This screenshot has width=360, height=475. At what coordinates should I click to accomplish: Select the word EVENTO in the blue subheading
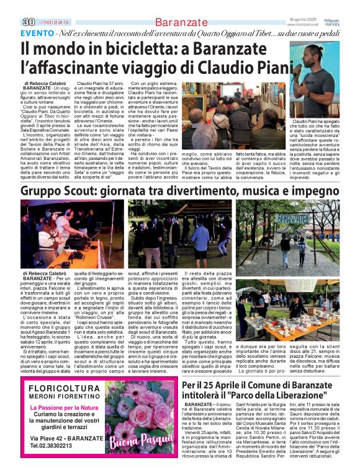(x=37, y=32)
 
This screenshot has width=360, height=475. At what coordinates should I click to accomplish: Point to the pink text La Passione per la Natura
(x=65, y=407)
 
